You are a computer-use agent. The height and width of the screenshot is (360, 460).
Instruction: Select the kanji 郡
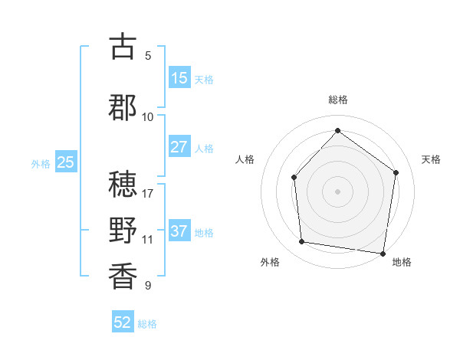pos(123,107)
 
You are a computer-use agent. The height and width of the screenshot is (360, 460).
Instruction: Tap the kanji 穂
pos(123,184)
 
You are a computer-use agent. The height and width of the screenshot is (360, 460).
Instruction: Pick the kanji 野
pos(123,230)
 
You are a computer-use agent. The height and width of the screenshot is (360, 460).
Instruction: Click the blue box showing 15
pos(179,77)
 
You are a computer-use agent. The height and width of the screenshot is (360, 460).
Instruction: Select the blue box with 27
pos(179,147)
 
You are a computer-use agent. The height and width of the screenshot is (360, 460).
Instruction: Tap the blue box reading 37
pos(179,231)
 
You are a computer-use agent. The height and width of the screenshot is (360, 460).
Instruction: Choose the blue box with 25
pos(66,162)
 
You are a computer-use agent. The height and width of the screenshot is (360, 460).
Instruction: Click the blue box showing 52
pos(123,322)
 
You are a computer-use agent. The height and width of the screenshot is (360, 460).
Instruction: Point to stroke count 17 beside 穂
pos(148,193)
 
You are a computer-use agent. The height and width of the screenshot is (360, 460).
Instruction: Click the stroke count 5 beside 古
pos(148,55)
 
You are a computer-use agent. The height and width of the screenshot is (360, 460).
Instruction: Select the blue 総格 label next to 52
pos(147,324)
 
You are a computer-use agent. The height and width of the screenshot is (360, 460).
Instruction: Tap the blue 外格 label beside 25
pos(41,163)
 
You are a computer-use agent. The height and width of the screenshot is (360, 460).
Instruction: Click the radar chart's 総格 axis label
pos(338,100)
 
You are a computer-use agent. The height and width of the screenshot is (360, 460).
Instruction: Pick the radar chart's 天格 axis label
pos(431,159)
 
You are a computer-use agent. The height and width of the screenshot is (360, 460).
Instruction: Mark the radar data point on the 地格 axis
pos(383,253)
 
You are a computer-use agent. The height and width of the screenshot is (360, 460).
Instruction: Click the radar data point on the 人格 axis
pos(294,177)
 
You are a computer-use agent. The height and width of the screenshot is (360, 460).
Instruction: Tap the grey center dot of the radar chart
pos(337,191)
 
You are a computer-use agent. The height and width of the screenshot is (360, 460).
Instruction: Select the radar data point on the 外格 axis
pos(302,242)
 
